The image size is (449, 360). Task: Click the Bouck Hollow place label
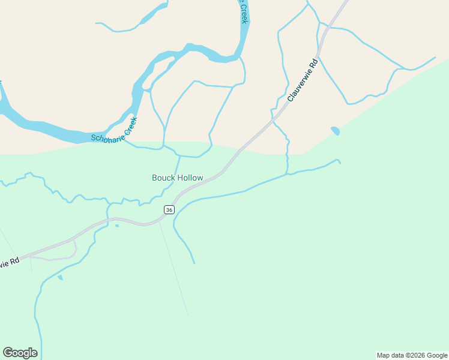(177, 178)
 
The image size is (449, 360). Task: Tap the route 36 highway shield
(169, 209)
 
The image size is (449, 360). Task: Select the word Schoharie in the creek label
(106, 137)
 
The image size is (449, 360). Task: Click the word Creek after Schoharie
(130, 124)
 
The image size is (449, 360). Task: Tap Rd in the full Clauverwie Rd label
(312, 63)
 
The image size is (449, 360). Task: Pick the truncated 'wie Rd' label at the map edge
(10, 263)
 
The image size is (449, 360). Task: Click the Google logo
(20, 353)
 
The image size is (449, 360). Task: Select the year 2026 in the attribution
(415, 355)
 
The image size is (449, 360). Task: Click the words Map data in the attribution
(391, 355)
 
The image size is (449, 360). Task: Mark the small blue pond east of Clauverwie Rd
(335, 130)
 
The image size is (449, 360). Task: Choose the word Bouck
(163, 178)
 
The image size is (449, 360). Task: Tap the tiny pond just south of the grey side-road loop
(59, 277)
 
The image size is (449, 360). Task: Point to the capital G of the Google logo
(8, 352)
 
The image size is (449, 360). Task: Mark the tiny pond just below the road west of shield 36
(116, 226)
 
